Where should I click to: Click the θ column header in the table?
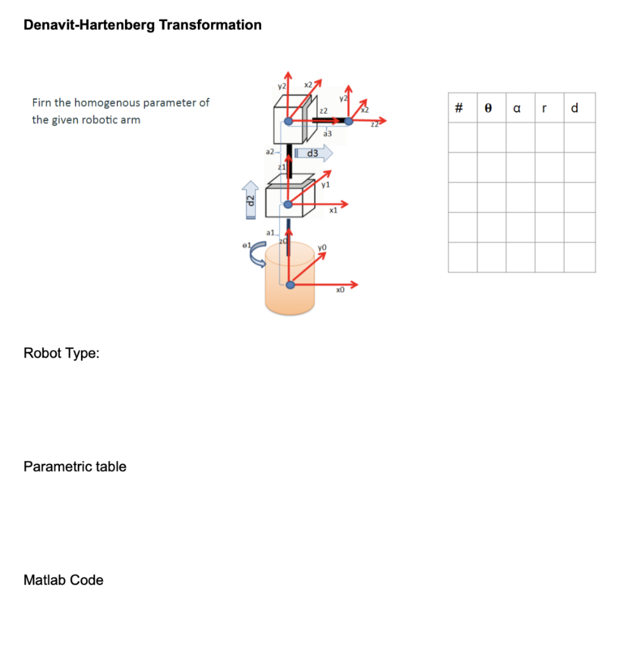(x=488, y=109)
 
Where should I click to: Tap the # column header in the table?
(x=459, y=109)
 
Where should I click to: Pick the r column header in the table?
(x=543, y=109)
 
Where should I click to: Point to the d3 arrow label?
(x=314, y=153)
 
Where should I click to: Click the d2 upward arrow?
(x=251, y=199)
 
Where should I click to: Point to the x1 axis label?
(x=332, y=209)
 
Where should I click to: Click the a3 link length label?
(x=327, y=134)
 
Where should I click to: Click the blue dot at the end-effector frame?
(x=349, y=121)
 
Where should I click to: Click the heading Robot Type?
(x=61, y=353)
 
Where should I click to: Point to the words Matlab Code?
(x=63, y=580)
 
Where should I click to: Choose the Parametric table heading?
(x=75, y=466)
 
